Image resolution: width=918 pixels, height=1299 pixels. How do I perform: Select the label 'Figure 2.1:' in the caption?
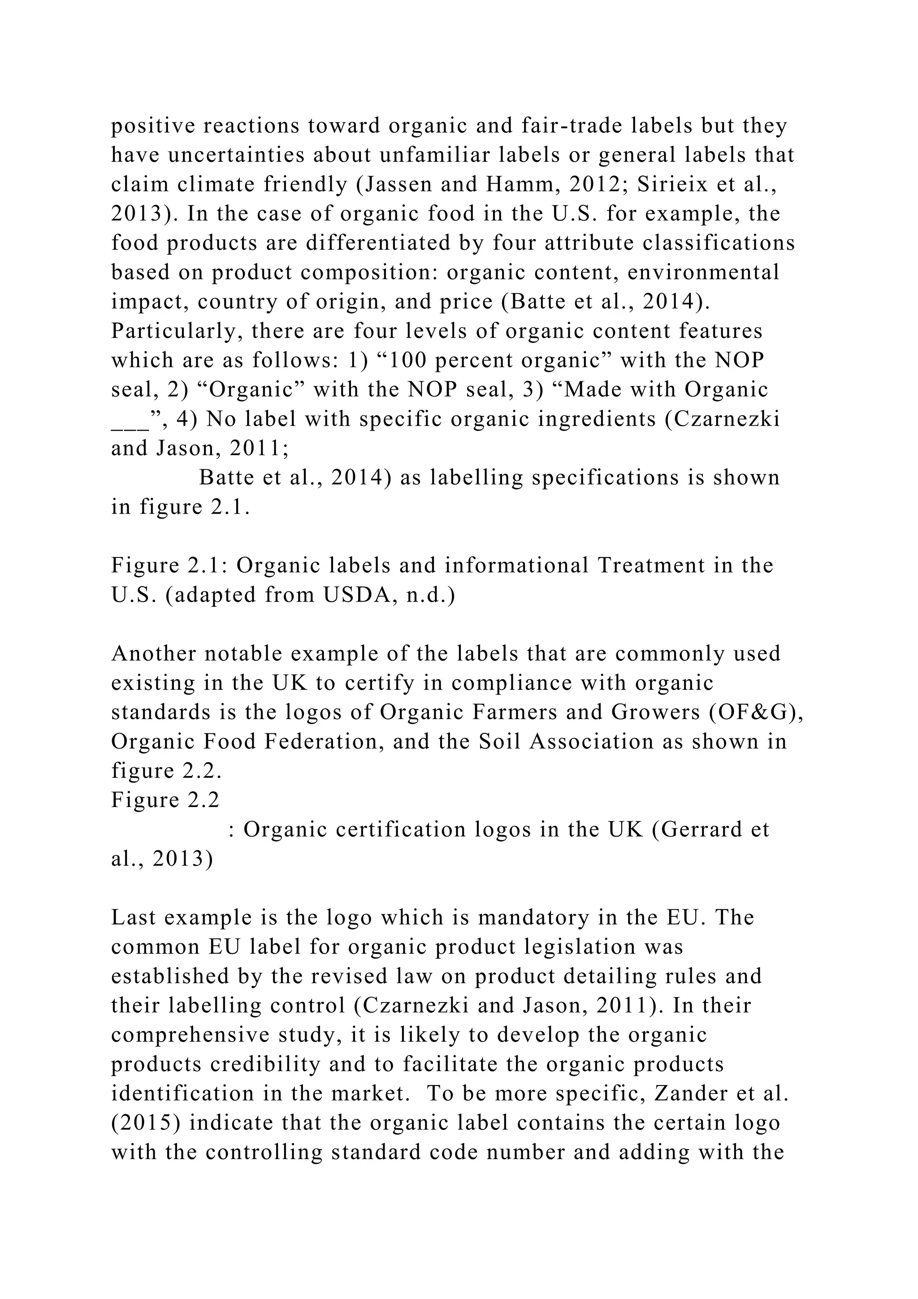point(169,565)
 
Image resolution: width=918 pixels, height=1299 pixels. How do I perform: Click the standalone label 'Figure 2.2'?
point(165,800)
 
